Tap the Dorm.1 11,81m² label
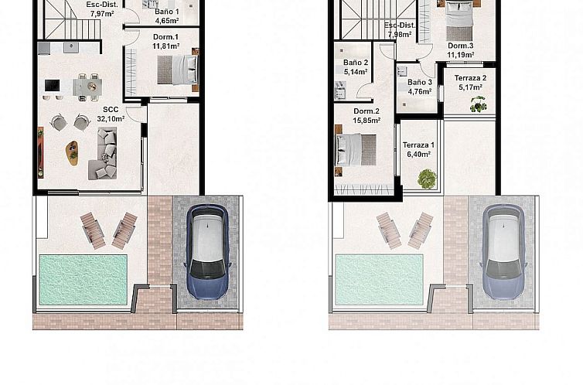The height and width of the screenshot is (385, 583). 165,42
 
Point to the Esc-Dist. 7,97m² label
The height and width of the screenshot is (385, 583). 97,9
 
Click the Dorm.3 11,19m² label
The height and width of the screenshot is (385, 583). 462,49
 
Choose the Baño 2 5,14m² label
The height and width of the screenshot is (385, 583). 356,67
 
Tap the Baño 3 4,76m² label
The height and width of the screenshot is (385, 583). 419,87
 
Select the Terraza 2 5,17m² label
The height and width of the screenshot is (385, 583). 470,83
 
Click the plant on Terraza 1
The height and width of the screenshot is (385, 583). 426,179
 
